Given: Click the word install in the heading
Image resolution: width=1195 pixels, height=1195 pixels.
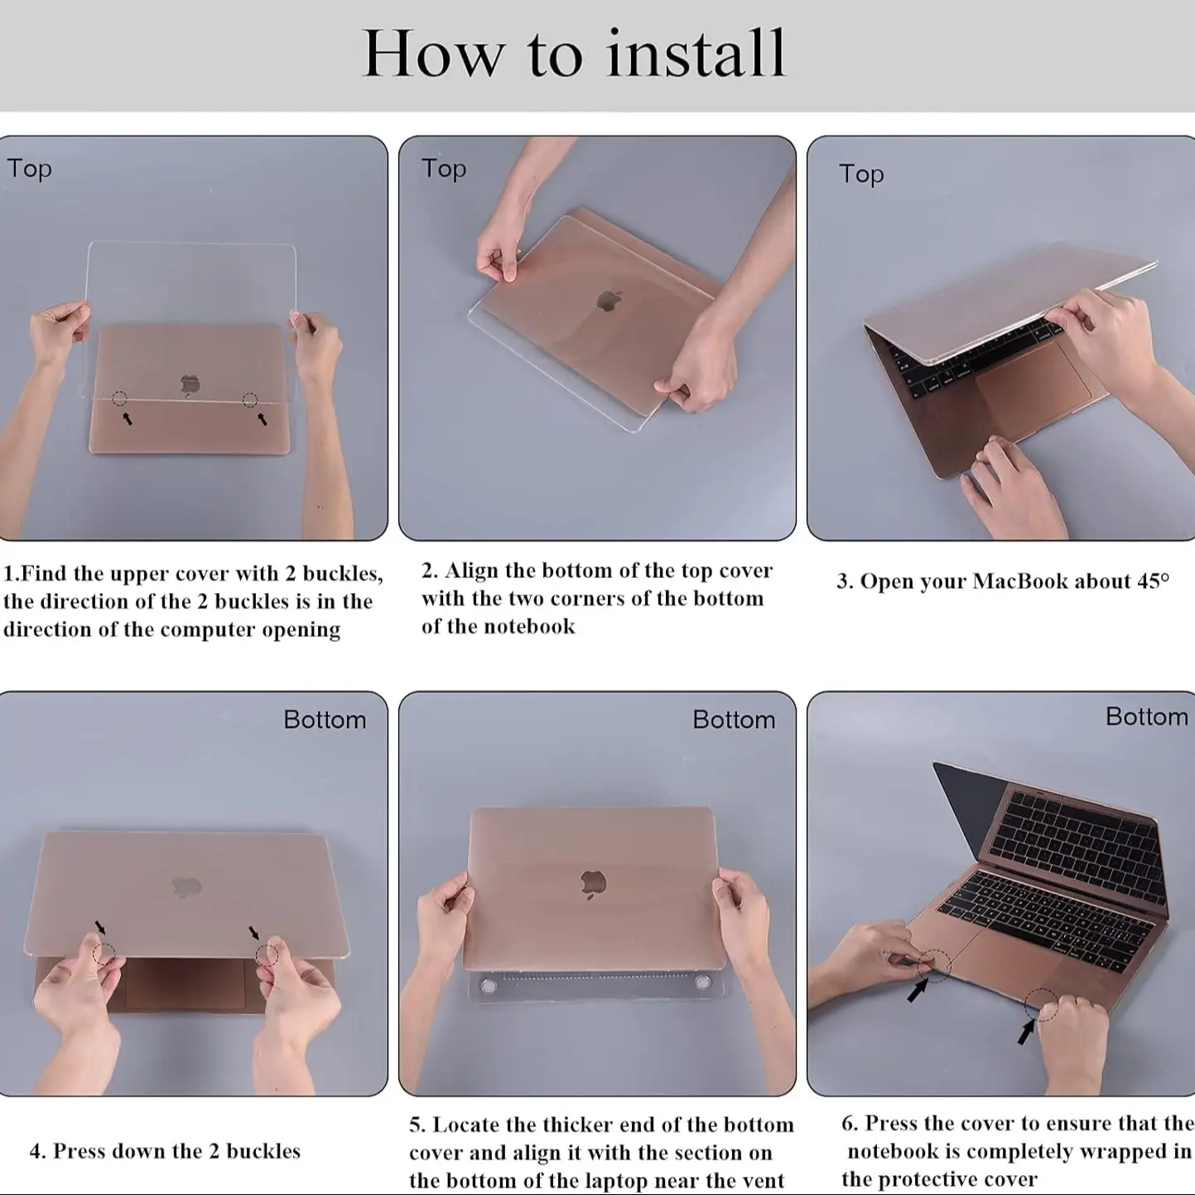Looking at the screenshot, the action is [696, 54].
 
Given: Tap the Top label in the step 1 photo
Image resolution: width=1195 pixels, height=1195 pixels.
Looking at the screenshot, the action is [29, 169].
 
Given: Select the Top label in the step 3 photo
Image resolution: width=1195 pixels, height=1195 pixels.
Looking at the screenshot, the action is [861, 175].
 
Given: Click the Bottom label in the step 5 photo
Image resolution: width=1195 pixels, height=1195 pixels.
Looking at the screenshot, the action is [734, 720].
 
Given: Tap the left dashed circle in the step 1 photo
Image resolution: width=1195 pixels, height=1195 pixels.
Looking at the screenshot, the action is [120, 398].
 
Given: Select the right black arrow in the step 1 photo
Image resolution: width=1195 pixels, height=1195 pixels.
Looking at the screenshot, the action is [263, 419].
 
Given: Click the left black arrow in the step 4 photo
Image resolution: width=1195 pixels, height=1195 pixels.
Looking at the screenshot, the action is [100, 928].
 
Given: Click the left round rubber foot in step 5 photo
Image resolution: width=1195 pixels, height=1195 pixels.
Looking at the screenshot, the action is [488, 986].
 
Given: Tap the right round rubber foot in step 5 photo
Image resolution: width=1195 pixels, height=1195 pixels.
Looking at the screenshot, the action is [702, 982].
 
